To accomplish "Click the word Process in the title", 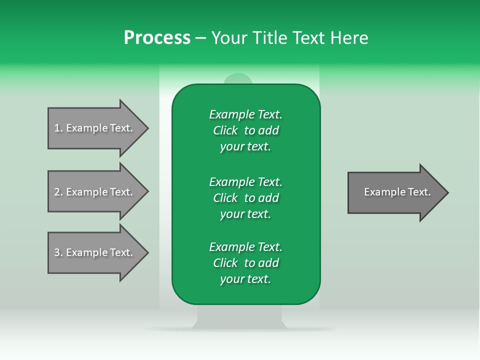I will click(157, 38).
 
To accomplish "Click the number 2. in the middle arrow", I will click(58, 192).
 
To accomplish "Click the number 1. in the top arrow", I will click(58, 128).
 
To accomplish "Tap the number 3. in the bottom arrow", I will click(58, 252).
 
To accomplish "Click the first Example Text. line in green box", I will click(245, 114).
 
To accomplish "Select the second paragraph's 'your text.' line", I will click(245, 214).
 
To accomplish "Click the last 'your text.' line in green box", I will click(245, 279).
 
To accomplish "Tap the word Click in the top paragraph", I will click(225, 130).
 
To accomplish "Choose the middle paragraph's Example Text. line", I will click(245, 181).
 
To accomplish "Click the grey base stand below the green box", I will click(239, 317).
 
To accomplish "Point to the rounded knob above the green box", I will click(238, 78).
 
